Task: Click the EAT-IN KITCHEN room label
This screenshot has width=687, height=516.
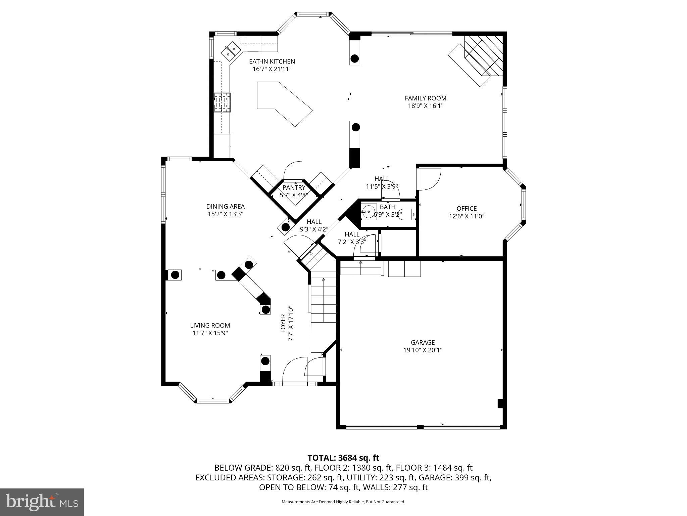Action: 272,61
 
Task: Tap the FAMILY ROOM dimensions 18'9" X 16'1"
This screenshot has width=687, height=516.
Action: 425,106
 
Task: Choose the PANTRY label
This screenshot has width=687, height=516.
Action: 294,188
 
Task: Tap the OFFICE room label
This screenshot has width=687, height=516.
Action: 467,209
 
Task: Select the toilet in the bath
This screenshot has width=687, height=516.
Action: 407,214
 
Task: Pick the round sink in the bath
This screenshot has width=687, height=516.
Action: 369,212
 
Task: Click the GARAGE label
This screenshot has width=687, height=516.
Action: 423,342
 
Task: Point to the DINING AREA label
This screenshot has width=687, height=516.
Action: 225,206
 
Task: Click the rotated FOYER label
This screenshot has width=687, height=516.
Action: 283,323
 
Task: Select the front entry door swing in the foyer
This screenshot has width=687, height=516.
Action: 294,370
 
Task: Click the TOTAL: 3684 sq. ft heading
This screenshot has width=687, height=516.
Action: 343,458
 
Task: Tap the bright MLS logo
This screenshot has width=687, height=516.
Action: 42,502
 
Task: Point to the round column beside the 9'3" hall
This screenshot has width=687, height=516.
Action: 285,227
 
